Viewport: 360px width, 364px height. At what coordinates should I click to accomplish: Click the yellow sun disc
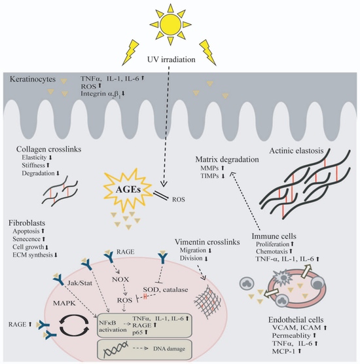[171, 24]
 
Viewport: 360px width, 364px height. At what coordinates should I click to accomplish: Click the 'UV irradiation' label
[171, 60]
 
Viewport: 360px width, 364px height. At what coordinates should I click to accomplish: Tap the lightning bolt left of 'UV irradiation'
[130, 52]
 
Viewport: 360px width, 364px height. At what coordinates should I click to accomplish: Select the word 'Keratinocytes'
[33, 79]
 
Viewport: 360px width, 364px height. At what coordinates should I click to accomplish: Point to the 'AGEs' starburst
[128, 190]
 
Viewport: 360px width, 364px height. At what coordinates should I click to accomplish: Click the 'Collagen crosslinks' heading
[48, 149]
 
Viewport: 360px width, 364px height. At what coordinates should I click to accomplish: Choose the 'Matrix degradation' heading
[227, 160]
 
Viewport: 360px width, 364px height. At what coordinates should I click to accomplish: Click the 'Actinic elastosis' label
[296, 151]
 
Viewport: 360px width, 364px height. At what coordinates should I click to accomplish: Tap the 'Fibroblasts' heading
[27, 223]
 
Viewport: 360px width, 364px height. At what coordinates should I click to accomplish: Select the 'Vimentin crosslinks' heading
[207, 242]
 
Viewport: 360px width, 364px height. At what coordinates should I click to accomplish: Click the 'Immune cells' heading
[274, 236]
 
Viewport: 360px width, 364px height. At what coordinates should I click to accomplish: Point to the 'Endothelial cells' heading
[296, 319]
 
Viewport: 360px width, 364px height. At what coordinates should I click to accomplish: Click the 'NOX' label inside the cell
[120, 280]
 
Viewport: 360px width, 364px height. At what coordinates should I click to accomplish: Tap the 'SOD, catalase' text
[166, 289]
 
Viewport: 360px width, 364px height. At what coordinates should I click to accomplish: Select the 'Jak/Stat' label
[80, 283]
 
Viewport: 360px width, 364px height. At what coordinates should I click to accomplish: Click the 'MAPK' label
[64, 303]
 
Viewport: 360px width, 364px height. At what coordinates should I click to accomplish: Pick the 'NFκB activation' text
[113, 327]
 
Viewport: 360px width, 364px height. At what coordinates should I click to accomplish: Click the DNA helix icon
[116, 350]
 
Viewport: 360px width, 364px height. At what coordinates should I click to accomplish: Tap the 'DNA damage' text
[169, 349]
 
